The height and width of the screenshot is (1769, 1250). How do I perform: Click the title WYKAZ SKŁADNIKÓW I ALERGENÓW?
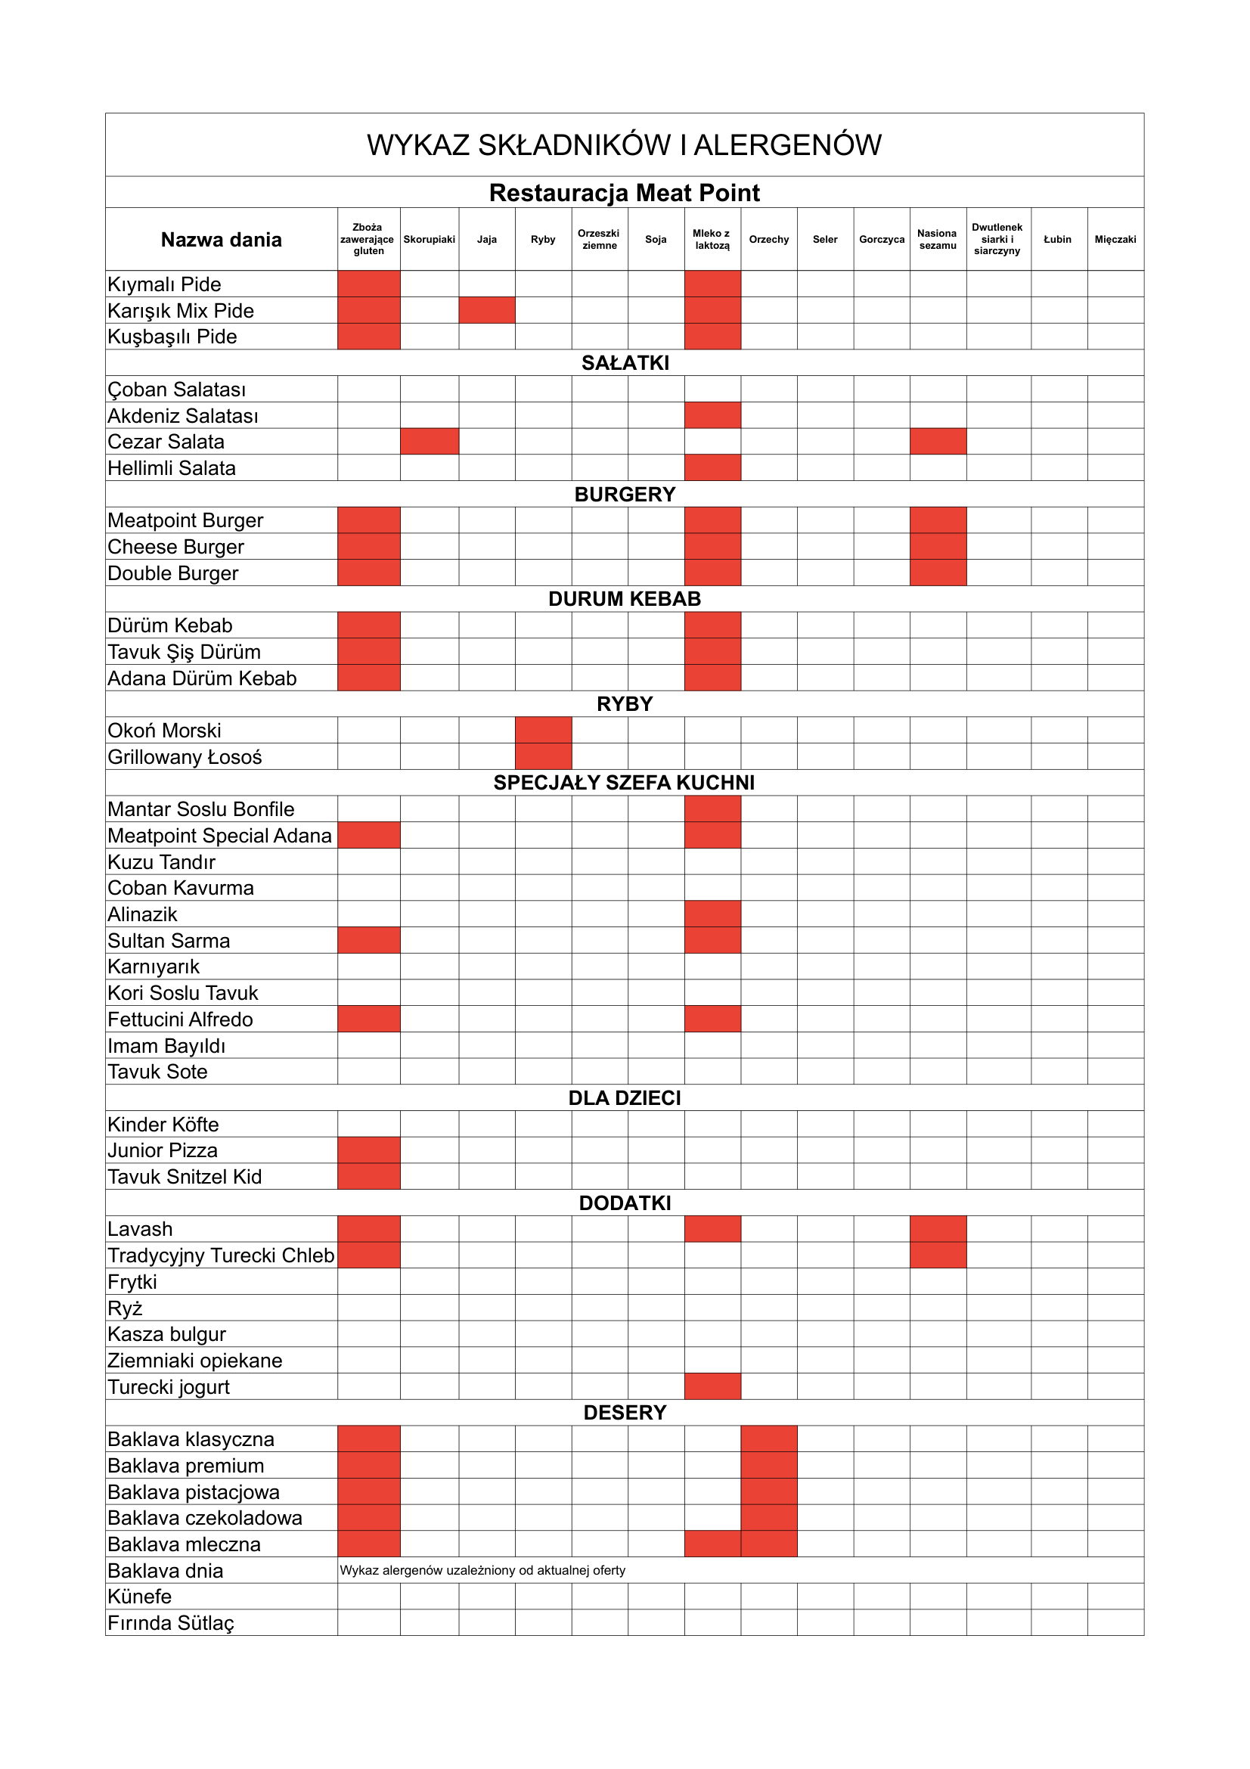pyautogui.click(x=624, y=145)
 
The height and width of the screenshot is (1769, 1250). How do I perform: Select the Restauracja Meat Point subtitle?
pyautogui.click(x=624, y=193)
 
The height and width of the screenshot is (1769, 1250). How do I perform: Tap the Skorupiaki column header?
pyautogui.click(x=429, y=240)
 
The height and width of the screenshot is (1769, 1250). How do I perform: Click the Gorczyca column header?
pyautogui.click(x=881, y=240)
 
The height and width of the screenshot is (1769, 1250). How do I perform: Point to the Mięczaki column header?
pyautogui.click(x=1115, y=240)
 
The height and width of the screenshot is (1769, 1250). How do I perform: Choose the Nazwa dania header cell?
pyautogui.click(x=221, y=240)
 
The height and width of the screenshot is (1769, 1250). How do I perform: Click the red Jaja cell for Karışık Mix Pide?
pyautogui.click(x=487, y=311)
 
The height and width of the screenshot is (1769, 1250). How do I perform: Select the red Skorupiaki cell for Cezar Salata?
pyautogui.click(x=429, y=442)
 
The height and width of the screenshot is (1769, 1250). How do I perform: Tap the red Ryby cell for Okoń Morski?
pyautogui.click(x=543, y=731)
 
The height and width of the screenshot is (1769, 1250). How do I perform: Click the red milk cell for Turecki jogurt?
pyautogui.click(x=712, y=1387)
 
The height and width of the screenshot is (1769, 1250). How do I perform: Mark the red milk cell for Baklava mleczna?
pyautogui.click(x=712, y=1544)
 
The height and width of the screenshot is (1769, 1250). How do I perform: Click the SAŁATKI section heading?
pyautogui.click(x=625, y=363)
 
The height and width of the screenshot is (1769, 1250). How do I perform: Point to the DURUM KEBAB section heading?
pyautogui.click(x=624, y=599)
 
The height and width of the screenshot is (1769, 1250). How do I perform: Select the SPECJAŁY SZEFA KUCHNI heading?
pyautogui.click(x=624, y=783)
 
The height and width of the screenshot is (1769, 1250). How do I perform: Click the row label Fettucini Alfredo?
pyautogui.click(x=180, y=1020)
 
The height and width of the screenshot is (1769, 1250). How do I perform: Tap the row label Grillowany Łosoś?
pyautogui.click(x=185, y=756)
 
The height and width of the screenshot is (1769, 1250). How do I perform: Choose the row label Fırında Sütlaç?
pyautogui.click(x=171, y=1622)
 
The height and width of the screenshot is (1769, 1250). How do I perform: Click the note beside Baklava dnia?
pyautogui.click(x=482, y=1570)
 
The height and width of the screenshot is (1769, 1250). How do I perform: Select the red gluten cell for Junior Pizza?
pyautogui.click(x=368, y=1150)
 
